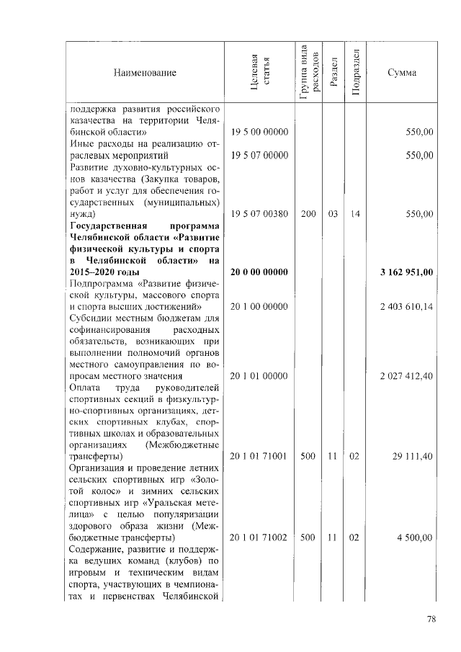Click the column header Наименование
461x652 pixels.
tap(144, 73)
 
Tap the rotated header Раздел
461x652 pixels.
tap(333, 73)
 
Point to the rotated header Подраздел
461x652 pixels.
tap(356, 72)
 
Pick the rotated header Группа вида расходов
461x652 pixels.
tap(308, 72)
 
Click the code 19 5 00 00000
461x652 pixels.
tap(259, 133)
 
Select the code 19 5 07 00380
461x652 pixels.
tap(259, 214)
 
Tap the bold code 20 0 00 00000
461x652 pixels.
tap(259, 272)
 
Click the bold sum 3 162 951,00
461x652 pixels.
tap(406, 272)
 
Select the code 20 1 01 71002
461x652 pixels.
tap(259, 538)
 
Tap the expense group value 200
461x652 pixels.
tap(308, 214)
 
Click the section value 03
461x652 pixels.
tap(333, 214)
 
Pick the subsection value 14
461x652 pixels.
tap(356, 214)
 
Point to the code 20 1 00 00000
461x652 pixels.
tap(259, 307)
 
